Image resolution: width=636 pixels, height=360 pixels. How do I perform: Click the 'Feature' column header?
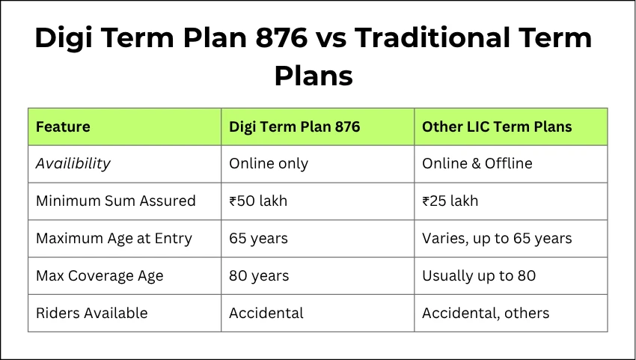tap(63, 126)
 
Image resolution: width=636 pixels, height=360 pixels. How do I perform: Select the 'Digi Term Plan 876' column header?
tap(294, 126)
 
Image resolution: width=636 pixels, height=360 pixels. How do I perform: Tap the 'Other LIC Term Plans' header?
tap(497, 126)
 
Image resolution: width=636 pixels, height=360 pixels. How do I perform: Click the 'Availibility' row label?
tap(73, 163)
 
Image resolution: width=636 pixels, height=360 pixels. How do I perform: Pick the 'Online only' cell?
tap(269, 163)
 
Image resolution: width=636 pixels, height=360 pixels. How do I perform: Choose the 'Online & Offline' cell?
tap(477, 163)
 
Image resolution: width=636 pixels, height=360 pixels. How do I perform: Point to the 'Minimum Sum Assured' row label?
tap(115, 201)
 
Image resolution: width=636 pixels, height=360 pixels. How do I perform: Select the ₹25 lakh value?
tap(450, 201)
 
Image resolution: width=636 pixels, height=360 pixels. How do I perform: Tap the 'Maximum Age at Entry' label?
tap(114, 238)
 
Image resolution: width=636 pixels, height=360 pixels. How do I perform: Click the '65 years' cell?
tap(258, 238)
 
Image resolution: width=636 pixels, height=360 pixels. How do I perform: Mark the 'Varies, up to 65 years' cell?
tap(497, 238)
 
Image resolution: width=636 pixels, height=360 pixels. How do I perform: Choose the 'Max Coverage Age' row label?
tap(100, 275)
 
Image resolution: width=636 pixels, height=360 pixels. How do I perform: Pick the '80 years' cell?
tap(258, 275)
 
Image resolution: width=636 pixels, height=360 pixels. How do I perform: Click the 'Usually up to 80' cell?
tap(479, 275)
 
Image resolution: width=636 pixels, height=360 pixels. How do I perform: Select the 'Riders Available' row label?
tap(92, 313)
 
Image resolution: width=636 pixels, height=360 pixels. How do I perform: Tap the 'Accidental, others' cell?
tap(486, 313)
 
